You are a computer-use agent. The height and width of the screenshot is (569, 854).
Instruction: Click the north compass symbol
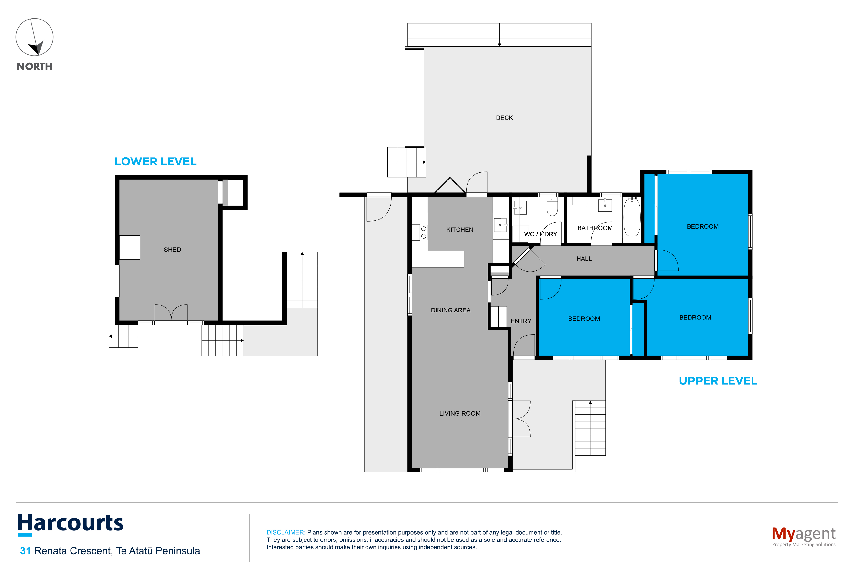coord(34,37)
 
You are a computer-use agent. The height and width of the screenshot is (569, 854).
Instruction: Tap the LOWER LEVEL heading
coord(155,161)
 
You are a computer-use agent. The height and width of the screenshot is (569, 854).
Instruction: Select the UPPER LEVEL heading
coord(718,381)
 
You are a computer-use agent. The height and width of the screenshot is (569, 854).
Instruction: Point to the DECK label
coord(504,118)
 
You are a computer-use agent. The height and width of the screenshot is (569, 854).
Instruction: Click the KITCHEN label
coord(459,230)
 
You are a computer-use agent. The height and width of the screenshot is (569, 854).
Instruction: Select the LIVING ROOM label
coord(459,413)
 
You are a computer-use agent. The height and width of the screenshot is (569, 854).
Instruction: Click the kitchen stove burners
coord(423,232)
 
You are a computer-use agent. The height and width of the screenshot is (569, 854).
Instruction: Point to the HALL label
coord(584,259)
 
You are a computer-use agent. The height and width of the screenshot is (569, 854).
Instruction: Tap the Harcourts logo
coord(71,524)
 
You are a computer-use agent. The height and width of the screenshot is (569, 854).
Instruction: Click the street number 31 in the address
coord(25,551)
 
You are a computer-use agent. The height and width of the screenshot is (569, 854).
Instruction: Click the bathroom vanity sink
coord(605,205)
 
